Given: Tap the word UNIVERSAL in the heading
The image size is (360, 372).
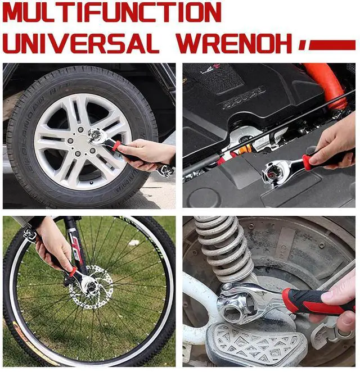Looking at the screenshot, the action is coord(81,43).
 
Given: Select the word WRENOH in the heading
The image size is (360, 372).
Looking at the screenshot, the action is coord(234,43).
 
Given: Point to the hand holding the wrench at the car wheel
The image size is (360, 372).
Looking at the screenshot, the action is coord(146,154).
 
